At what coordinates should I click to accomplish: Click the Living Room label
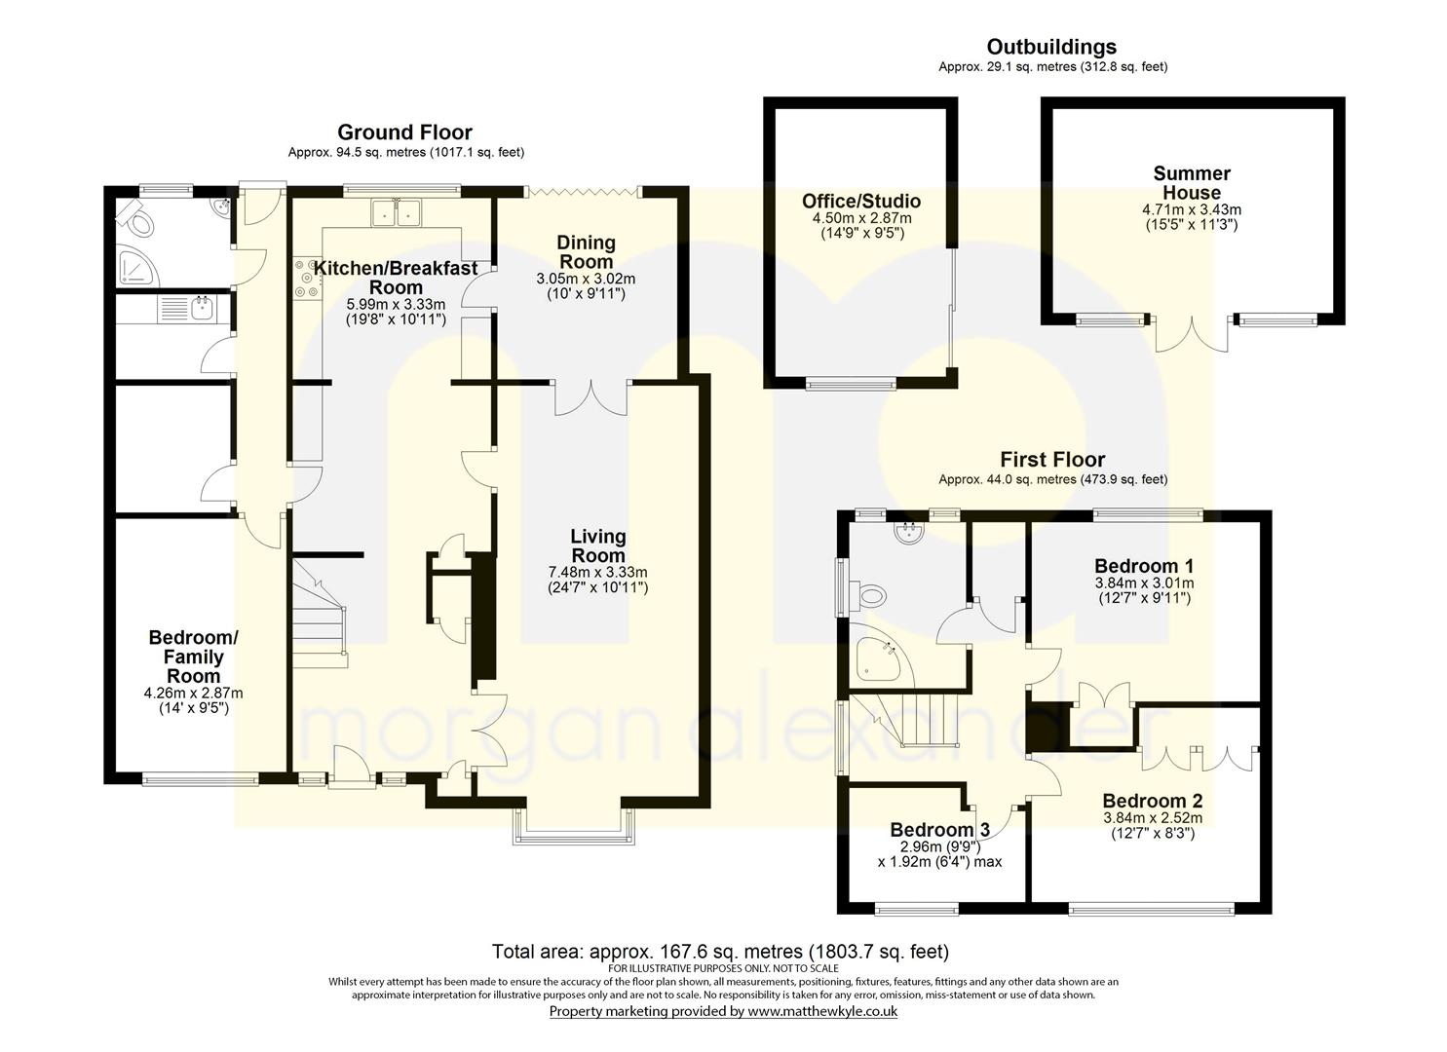(597, 545)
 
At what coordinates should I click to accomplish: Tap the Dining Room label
(586, 252)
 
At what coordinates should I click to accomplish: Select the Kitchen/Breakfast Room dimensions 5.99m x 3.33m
(396, 304)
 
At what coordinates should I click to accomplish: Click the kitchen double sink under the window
(396, 213)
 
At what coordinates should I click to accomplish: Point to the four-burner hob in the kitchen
(307, 279)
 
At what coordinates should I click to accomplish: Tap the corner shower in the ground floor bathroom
(137, 266)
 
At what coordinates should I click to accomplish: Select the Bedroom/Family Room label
(193, 657)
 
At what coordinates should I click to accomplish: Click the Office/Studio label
(861, 202)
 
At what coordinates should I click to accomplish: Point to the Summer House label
(1192, 183)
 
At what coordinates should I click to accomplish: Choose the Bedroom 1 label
(1144, 566)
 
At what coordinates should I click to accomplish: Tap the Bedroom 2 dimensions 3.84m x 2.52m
(1153, 818)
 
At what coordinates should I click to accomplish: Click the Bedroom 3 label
(940, 830)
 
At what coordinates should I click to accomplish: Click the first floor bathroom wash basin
(910, 532)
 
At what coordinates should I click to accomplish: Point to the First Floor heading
(1052, 460)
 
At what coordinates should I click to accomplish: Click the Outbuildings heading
(1051, 47)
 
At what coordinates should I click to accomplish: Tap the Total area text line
(720, 952)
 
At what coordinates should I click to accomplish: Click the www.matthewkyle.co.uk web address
(822, 1011)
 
